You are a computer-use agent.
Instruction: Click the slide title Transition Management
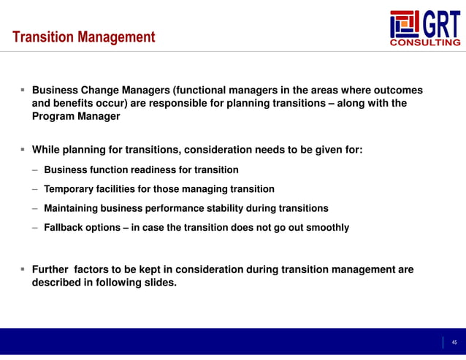point(84,37)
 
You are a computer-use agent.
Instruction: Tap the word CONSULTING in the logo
point(426,42)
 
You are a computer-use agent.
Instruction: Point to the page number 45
point(454,342)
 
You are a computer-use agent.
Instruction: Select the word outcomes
point(395,91)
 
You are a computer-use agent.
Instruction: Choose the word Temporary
point(72,189)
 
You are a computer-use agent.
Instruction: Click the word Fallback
point(66,227)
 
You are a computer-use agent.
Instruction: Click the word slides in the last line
point(159,282)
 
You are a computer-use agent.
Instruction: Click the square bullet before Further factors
point(23,269)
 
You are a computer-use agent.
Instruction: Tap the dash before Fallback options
point(35,227)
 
